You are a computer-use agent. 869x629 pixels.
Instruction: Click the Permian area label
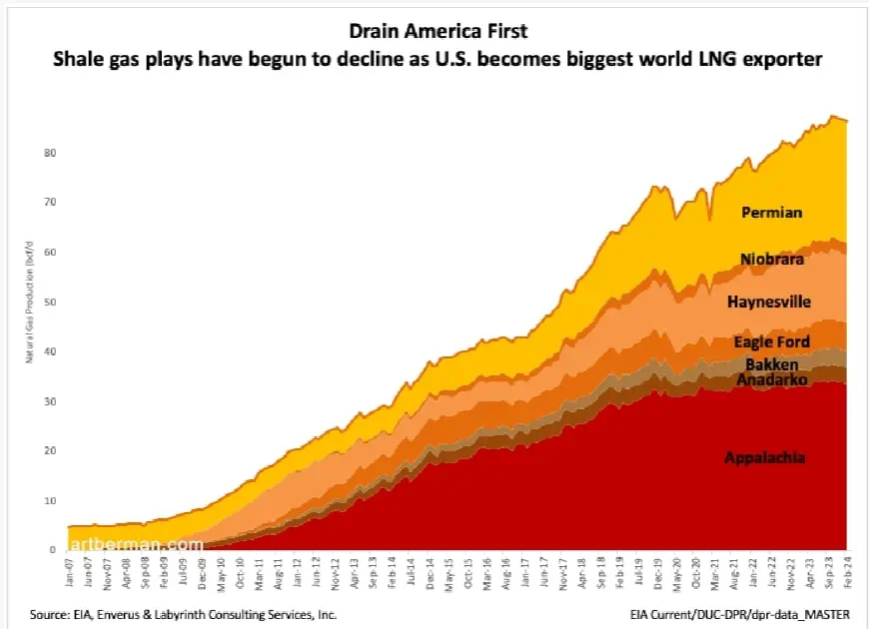click(771, 212)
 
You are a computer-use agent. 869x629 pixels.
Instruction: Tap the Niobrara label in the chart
click(772, 260)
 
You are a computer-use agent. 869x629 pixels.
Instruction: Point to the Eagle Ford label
click(771, 342)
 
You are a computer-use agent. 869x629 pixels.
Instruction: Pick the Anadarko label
click(771, 380)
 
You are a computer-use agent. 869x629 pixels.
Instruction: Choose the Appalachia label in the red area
click(764, 457)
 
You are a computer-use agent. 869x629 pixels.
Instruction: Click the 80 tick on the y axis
click(48, 153)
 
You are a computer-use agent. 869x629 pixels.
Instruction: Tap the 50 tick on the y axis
click(48, 302)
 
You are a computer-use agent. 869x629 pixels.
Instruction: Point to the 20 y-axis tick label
click(48, 451)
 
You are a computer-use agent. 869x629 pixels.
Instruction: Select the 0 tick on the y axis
click(51, 550)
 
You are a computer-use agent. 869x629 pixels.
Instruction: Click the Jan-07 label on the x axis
click(68, 570)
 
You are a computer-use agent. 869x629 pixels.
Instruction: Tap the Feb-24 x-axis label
click(848, 570)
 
